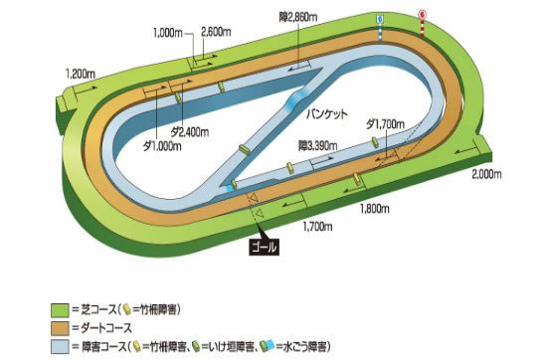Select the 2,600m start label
click(217, 32)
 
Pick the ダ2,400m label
click(189, 130)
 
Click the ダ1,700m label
click(385, 123)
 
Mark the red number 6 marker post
click(423, 15)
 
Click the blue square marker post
click(379, 19)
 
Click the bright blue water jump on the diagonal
click(296, 97)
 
